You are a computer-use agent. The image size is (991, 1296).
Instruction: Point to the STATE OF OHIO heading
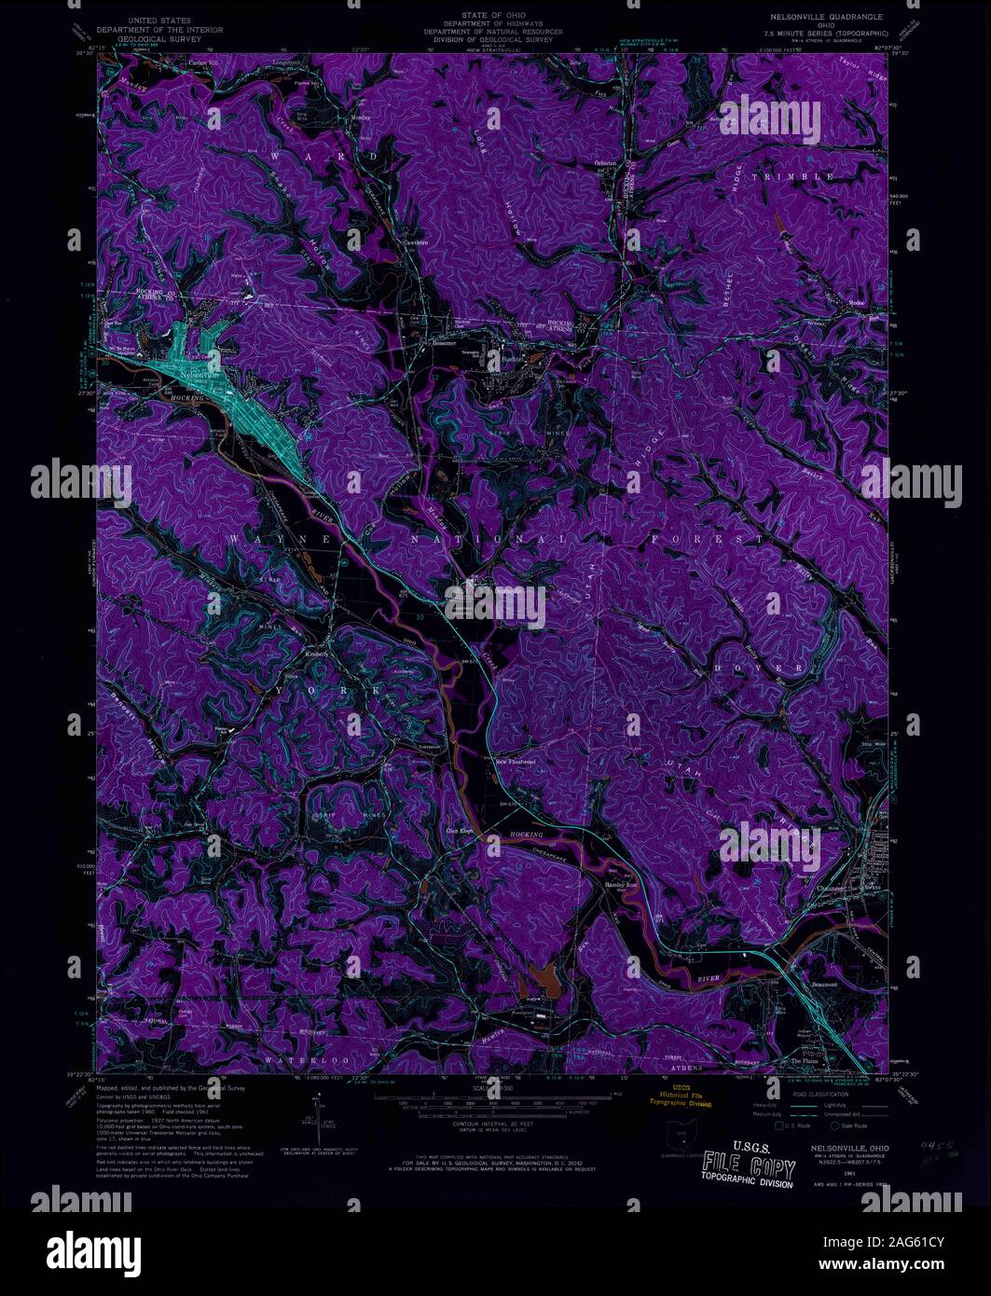(496, 17)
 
